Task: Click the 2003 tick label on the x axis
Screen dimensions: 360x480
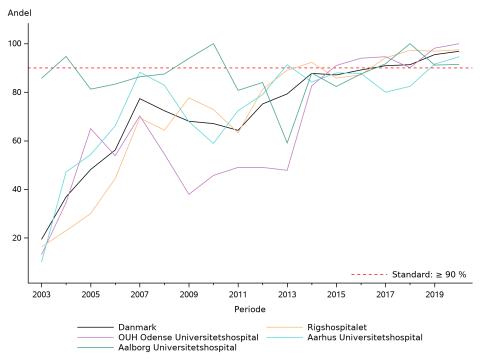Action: click(42, 296)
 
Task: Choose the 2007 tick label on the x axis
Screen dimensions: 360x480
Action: click(140, 296)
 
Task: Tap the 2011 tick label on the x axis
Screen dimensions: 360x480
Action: click(238, 296)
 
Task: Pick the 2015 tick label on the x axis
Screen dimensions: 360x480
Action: click(336, 296)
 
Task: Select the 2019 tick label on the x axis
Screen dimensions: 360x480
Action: click(434, 296)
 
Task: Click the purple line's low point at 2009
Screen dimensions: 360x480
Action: click(189, 194)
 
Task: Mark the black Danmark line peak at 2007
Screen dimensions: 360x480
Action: click(140, 98)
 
